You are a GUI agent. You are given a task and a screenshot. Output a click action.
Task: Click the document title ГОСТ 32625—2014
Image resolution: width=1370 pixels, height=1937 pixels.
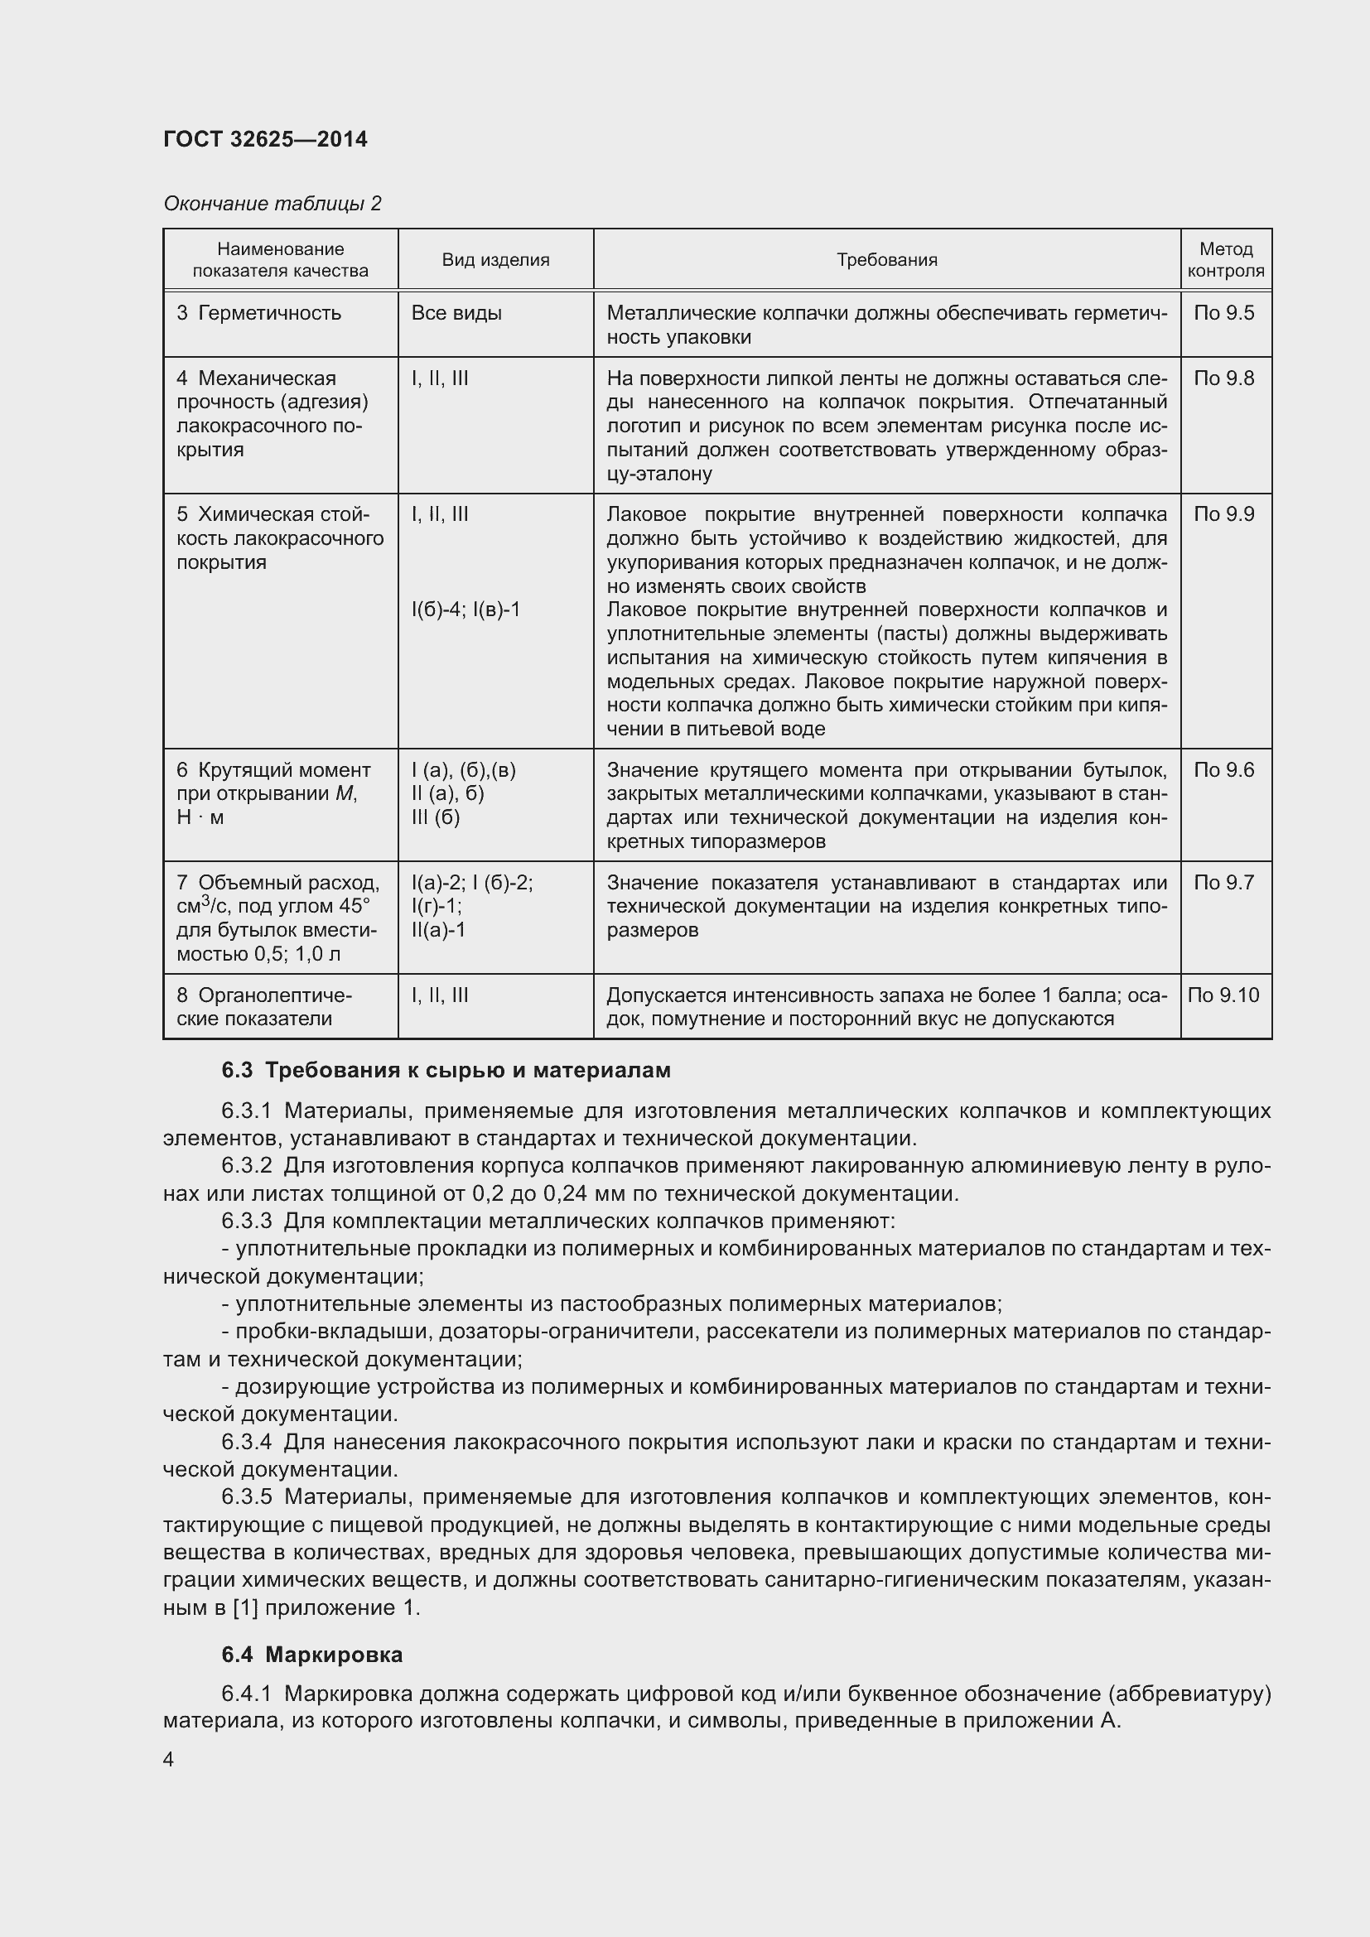(x=265, y=139)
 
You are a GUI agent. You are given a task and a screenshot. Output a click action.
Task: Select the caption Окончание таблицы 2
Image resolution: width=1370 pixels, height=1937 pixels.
(x=272, y=204)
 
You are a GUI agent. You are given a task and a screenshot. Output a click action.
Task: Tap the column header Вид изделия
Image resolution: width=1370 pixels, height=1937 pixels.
(x=495, y=260)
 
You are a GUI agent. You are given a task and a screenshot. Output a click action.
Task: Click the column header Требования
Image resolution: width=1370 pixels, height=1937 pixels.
(x=886, y=260)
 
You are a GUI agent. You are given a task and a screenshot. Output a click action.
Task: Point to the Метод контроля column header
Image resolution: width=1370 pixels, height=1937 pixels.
(x=1225, y=260)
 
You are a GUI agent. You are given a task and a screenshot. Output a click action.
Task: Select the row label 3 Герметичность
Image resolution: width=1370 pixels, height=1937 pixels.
(x=259, y=313)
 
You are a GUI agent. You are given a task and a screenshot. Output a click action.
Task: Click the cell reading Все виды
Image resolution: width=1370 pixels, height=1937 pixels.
(x=456, y=313)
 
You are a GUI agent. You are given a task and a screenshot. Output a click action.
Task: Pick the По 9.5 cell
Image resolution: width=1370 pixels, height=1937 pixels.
(x=1224, y=313)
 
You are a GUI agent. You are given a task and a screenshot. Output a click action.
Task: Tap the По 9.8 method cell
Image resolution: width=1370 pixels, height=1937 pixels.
(x=1224, y=378)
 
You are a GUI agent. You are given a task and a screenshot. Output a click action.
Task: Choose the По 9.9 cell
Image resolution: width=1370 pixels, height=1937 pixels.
(x=1224, y=513)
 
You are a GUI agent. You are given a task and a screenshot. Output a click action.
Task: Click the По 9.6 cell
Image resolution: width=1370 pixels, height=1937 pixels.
(x=1224, y=769)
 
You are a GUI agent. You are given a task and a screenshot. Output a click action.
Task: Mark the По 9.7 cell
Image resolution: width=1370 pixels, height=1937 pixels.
(x=1224, y=883)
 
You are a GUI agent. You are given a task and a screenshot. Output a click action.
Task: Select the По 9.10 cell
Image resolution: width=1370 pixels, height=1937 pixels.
(x=1223, y=995)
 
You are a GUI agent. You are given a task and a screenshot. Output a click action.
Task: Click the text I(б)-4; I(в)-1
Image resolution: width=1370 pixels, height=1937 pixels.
(x=466, y=609)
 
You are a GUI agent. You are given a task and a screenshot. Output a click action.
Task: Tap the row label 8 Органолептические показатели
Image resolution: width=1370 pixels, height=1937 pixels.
(x=263, y=1006)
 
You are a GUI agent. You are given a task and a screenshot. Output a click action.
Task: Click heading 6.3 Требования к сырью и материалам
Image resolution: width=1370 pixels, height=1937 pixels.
(x=446, y=1071)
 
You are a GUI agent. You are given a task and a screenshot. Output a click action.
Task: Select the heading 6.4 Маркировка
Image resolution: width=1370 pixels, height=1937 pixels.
(x=312, y=1655)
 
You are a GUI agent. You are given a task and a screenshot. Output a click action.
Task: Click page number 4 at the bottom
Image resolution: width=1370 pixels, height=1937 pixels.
(x=169, y=1759)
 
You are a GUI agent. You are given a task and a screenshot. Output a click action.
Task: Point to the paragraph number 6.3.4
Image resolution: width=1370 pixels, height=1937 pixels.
(x=246, y=1442)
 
